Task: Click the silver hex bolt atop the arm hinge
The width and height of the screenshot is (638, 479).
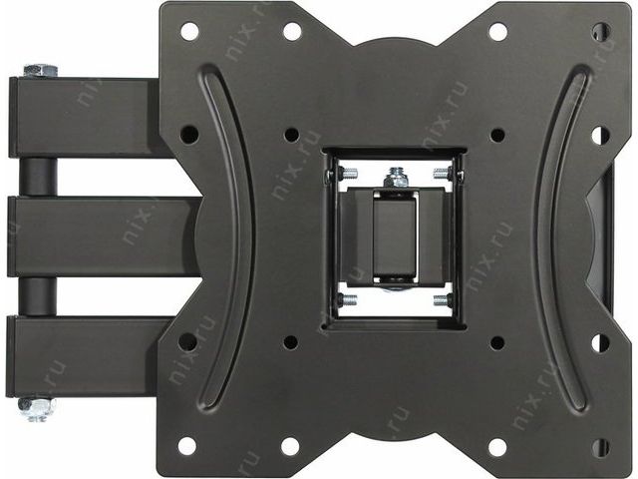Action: pos(40,71)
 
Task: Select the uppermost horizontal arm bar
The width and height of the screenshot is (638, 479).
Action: pos(86,118)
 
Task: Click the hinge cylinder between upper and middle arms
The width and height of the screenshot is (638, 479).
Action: pos(37,178)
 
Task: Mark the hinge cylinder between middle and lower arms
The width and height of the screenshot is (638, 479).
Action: pos(37,297)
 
